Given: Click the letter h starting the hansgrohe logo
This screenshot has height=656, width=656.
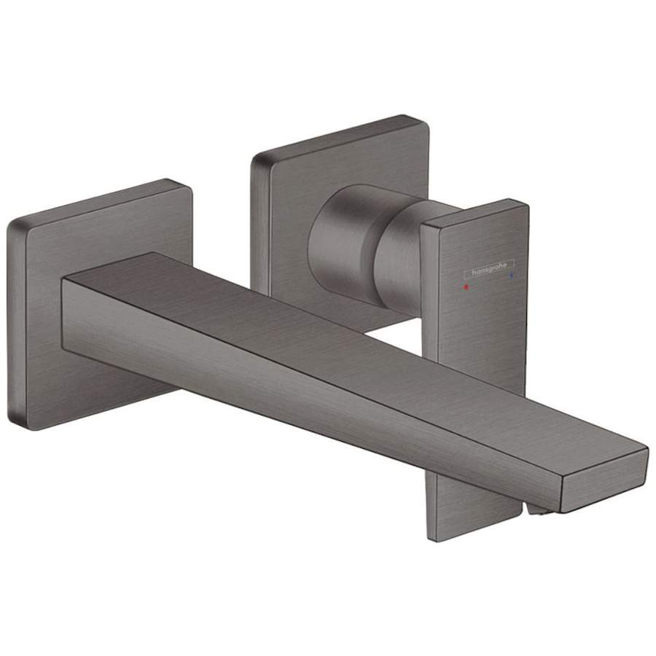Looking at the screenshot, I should pos(474,273).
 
